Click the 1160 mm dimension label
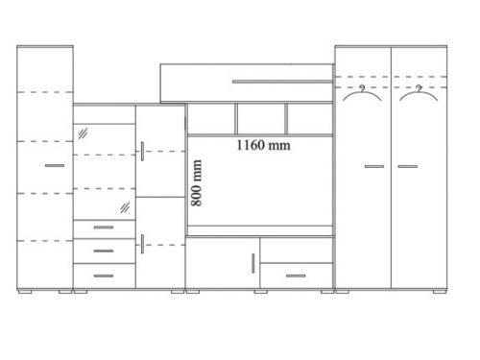pos(264,145)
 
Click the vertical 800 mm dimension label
pos(196,183)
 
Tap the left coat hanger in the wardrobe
pos(362,93)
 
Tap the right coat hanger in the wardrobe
pos(419,93)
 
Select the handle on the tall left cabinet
pos(55,165)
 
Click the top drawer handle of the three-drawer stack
pos(104,228)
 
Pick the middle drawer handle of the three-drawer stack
pos(104,251)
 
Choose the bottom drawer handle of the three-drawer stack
pos(104,276)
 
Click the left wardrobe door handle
pos(374,166)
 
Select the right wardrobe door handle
pos(408,166)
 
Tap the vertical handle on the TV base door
pos(253,263)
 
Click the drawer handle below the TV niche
pos(296,276)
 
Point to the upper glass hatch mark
pos(83,133)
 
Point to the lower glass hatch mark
pos(125,207)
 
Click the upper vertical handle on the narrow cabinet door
pos(142,152)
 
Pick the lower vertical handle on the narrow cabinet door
pos(142,244)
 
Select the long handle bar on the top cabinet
pos(282,82)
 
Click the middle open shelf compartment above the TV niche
pos(261,119)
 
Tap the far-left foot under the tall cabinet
pos(25,292)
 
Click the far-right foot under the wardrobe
pos(440,292)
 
